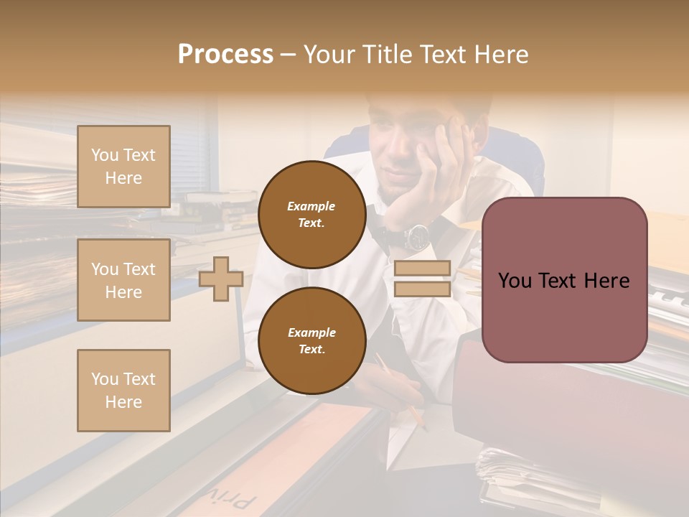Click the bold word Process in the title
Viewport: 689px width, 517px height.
click(x=225, y=55)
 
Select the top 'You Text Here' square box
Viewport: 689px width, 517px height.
click(x=123, y=167)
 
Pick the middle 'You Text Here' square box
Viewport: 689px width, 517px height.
click(x=123, y=280)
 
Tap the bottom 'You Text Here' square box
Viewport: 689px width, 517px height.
click(x=123, y=390)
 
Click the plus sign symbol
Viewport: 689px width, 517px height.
click(x=221, y=279)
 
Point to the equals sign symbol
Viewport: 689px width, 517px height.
click(x=422, y=279)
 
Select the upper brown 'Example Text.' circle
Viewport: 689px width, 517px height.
click(x=311, y=214)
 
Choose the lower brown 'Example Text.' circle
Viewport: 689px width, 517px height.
click(x=311, y=340)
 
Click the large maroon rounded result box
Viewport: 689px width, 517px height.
click(x=564, y=280)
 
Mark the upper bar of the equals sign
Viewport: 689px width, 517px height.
click(x=422, y=269)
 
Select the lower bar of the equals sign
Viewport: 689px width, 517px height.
click(x=422, y=289)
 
